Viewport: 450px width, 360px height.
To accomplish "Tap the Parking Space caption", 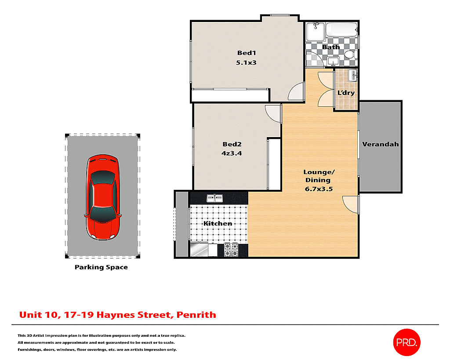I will pyautogui.click(x=101, y=267).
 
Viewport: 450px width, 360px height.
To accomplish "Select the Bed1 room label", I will pyautogui.click(x=246, y=53).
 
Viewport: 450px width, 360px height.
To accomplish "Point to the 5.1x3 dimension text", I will pyautogui.click(x=246, y=62).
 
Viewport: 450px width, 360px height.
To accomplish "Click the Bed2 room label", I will pyautogui.click(x=232, y=144).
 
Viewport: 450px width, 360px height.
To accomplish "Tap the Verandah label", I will pyautogui.click(x=380, y=144).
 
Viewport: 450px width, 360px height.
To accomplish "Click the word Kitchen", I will pyautogui.click(x=218, y=223).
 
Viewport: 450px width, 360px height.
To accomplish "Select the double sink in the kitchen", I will pyautogui.click(x=215, y=198).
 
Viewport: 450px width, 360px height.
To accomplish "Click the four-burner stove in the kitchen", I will pyautogui.click(x=231, y=250).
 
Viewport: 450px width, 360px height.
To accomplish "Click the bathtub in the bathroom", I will pyautogui.click(x=341, y=29).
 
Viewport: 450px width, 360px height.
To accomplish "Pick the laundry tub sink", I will pyautogui.click(x=353, y=75).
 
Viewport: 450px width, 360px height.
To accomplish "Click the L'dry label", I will pyautogui.click(x=346, y=93).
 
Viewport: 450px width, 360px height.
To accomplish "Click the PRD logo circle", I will pyautogui.click(x=406, y=342).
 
